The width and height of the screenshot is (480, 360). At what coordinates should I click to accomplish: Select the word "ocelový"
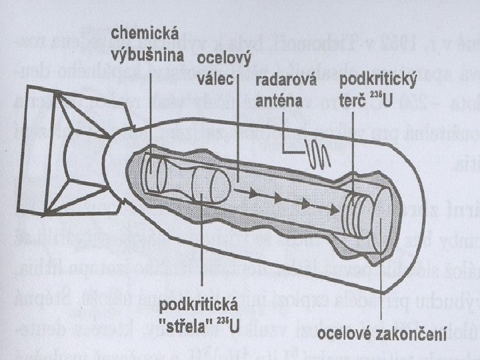tap(222, 61)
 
